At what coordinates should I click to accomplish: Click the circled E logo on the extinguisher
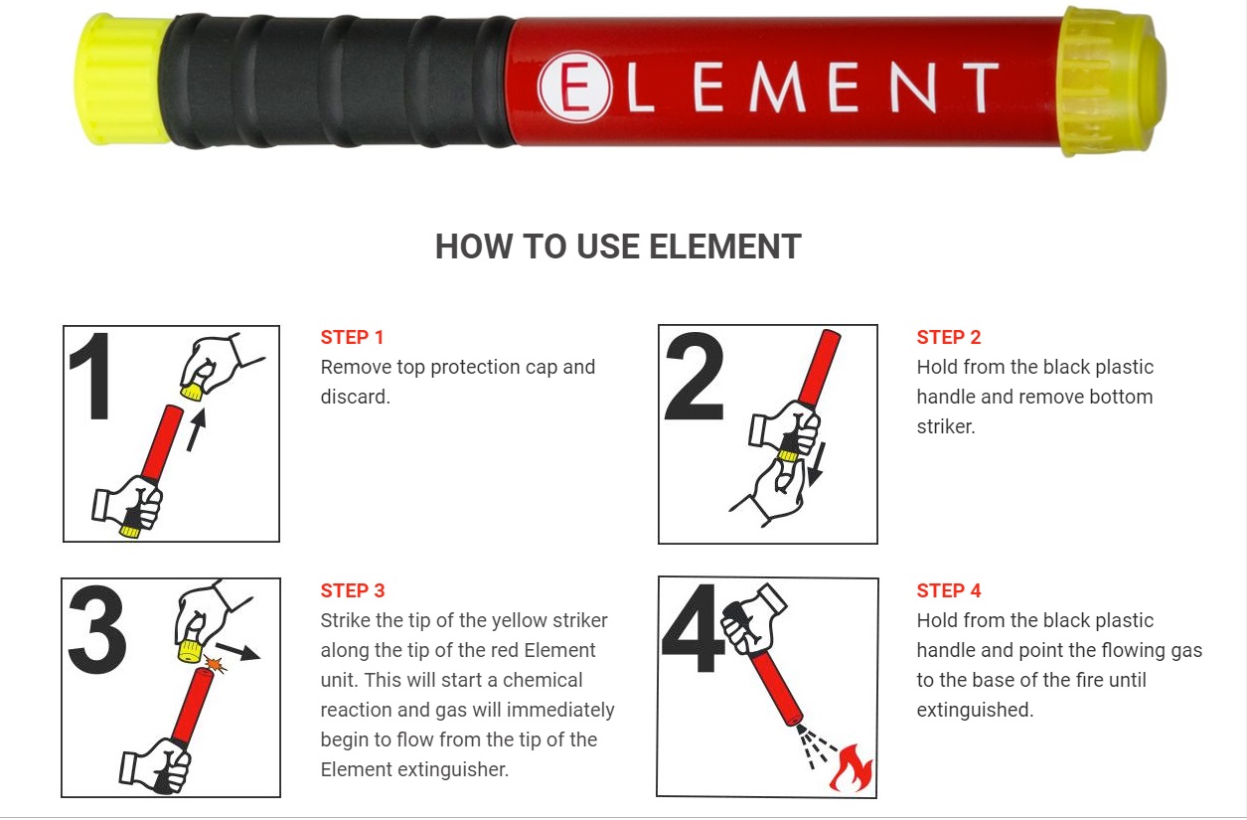pos(574,86)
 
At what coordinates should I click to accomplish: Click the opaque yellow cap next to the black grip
pos(122,81)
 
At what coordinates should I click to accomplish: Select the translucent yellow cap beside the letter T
pos(1111,82)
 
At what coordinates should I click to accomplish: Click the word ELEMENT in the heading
pos(724,246)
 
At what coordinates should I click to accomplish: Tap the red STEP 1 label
pos(352,337)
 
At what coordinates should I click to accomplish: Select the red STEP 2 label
pos(949,337)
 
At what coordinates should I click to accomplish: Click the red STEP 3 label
pos(353,590)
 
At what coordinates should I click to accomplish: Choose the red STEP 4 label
pos(949,590)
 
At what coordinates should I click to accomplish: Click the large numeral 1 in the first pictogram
pos(91,376)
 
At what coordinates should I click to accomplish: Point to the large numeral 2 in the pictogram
pos(695,376)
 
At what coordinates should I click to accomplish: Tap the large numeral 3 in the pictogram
pos(97,629)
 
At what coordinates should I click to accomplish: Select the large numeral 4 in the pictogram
pos(694,628)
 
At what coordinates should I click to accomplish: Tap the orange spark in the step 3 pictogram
pos(215,665)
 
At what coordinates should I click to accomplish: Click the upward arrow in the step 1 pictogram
pos(196,429)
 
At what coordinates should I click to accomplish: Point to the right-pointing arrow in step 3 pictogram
pos(237,651)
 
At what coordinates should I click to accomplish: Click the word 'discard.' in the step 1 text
pos(355,397)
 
